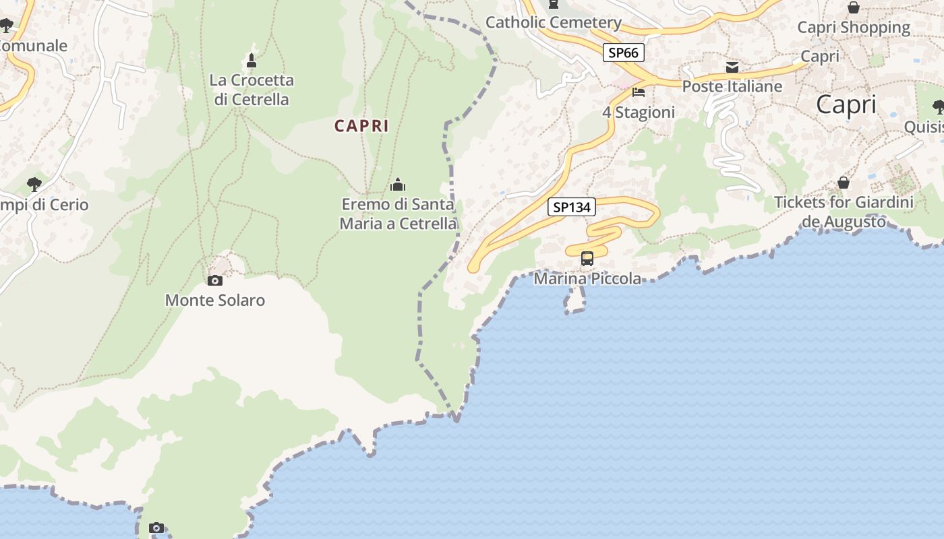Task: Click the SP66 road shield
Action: pos(624,53)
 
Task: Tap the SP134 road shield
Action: pos(572,208)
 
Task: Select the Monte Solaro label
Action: pos(215,300)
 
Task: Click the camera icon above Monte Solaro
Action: pos(215,280)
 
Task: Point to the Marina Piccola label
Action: pos(587,278)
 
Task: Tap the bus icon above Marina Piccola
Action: pos(587,259)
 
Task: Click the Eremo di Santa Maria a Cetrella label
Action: pos(398,214)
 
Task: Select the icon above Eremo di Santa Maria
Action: pos(398,184)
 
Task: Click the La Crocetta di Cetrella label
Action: pos(252,90)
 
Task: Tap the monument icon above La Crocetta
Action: pos(252,61)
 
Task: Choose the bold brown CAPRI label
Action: pos(361,126)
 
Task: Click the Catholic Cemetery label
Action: pos(554,22)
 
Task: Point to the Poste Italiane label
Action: pos(732,86)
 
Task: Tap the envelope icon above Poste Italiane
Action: pos(732,67)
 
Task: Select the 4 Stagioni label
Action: pos(639,113)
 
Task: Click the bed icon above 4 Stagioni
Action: pos(639,92)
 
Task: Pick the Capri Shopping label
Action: pos(854,28)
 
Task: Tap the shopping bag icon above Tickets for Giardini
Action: pos(843,183)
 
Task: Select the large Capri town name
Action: pos(846,105)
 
